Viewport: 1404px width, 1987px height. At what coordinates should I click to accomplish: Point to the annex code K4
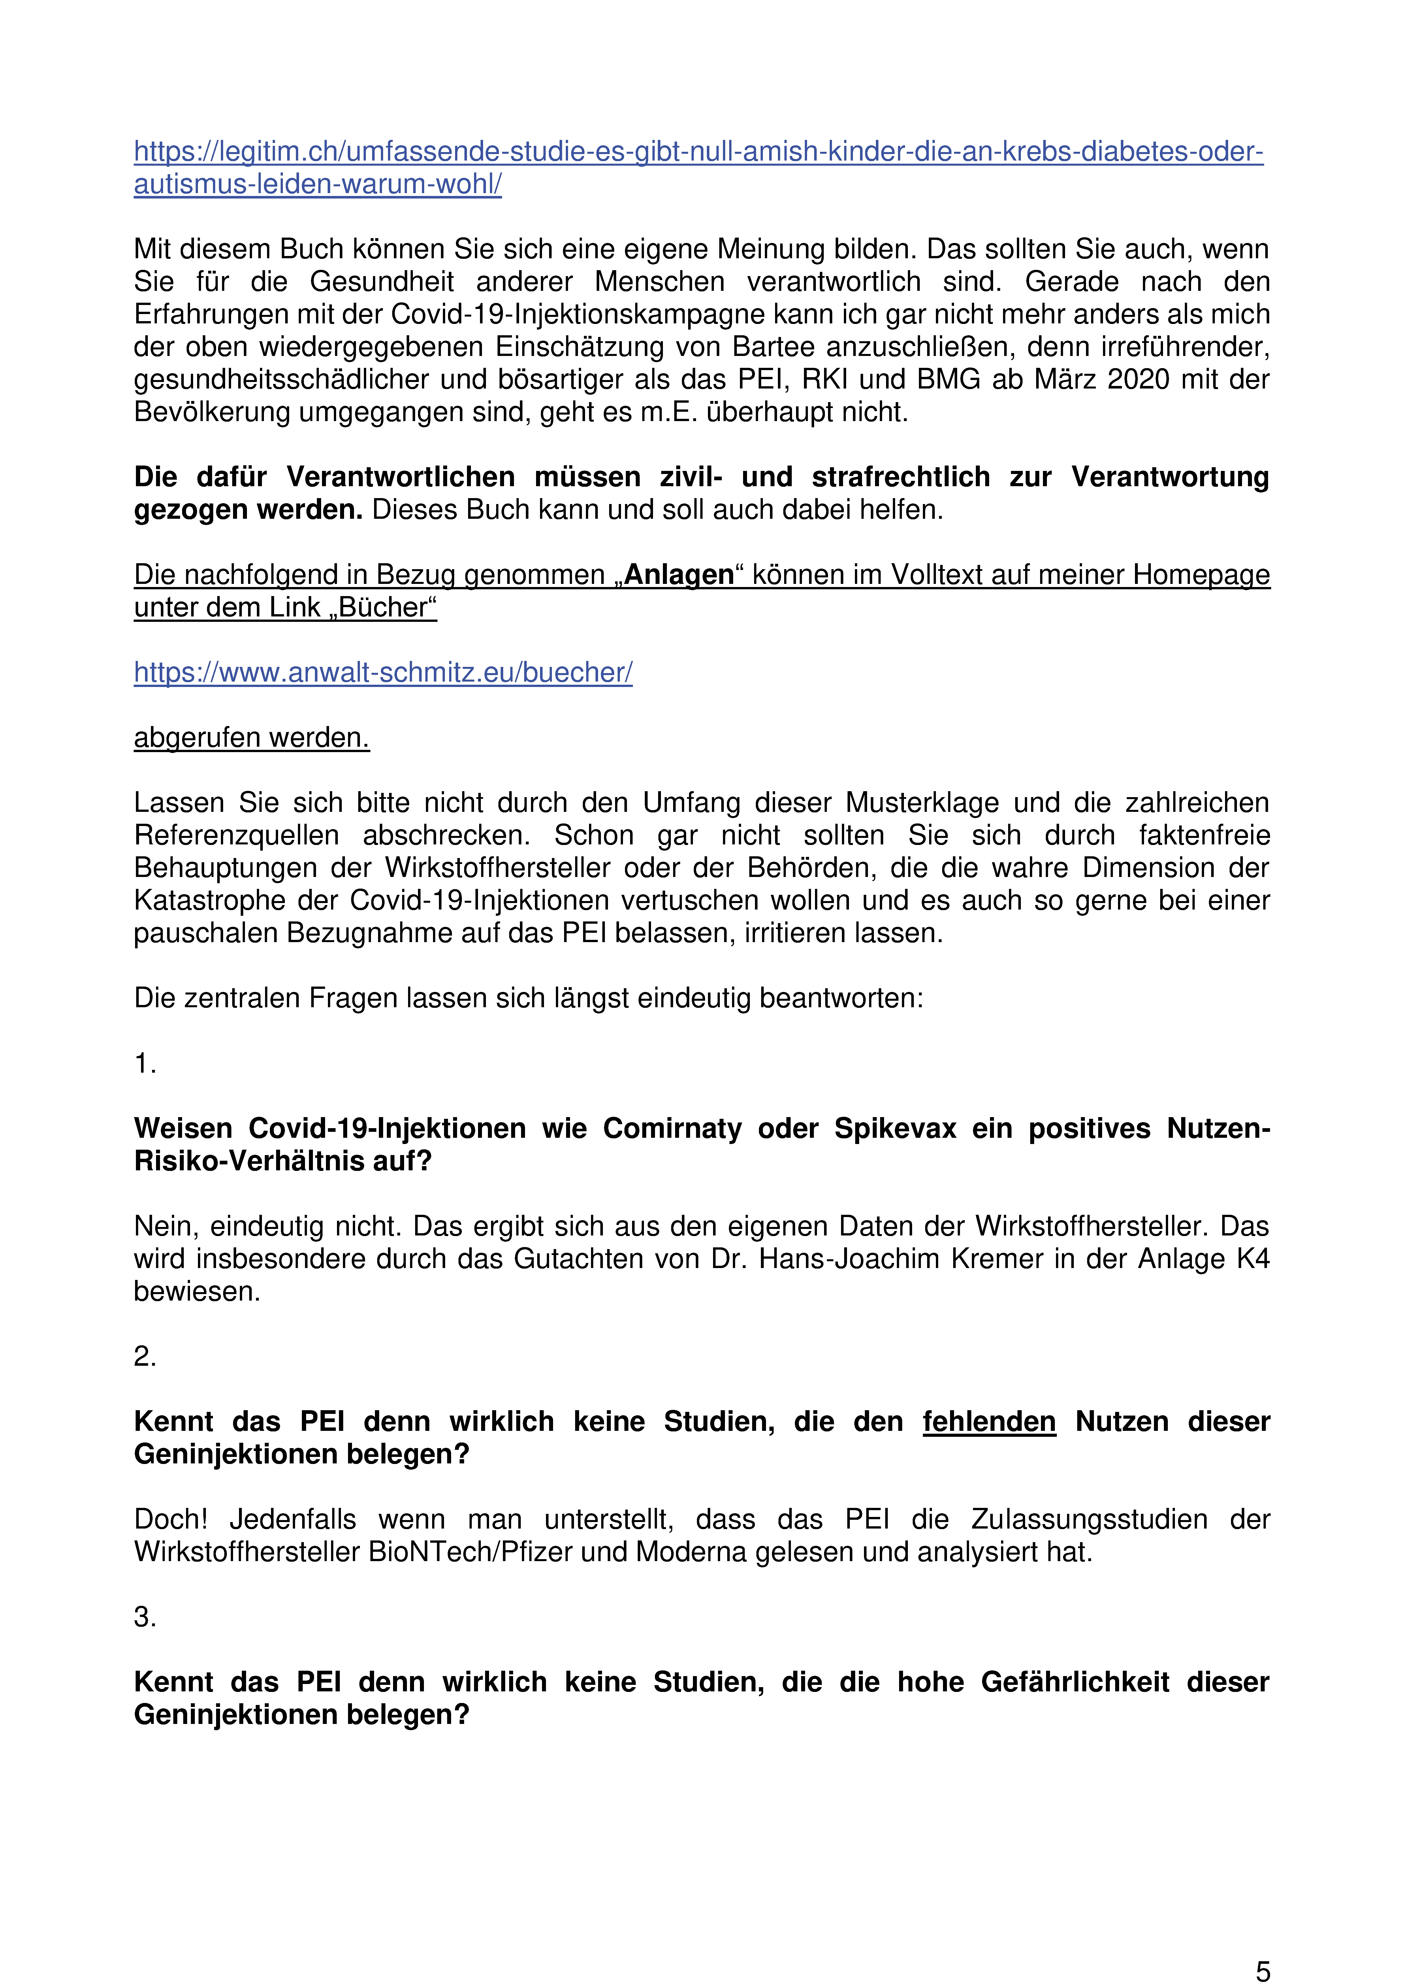tap(1252, 1258)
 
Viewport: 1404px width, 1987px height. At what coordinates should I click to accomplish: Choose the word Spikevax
tap(895, 1128)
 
